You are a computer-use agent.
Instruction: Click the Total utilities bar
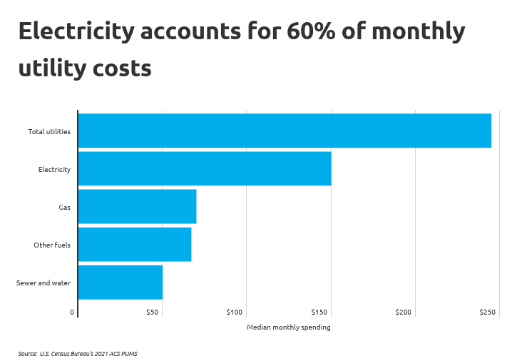point(284,131)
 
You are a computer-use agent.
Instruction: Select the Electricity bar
point(204,168)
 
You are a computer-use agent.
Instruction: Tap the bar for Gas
point(137,207)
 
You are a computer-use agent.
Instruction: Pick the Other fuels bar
point(134,244)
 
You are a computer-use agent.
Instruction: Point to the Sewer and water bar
point(120,282)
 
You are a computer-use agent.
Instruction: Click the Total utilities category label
point(49,131)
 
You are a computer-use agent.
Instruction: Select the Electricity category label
point(54,169)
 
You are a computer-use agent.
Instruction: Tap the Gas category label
point(64,207)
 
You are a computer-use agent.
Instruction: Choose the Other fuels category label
point(52,245)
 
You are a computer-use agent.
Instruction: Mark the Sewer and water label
point(43,283)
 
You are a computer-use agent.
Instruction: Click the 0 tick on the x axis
point(72,312)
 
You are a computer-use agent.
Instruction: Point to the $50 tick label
point(152,312)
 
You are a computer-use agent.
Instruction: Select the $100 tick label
point(235,312)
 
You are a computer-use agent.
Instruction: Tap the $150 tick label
point(319,312)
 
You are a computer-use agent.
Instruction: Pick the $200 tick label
point(404,312)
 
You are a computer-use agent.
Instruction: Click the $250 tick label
point(487,312)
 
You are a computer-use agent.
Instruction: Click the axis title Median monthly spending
point(289,327)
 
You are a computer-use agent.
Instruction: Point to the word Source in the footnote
point(28,353)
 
